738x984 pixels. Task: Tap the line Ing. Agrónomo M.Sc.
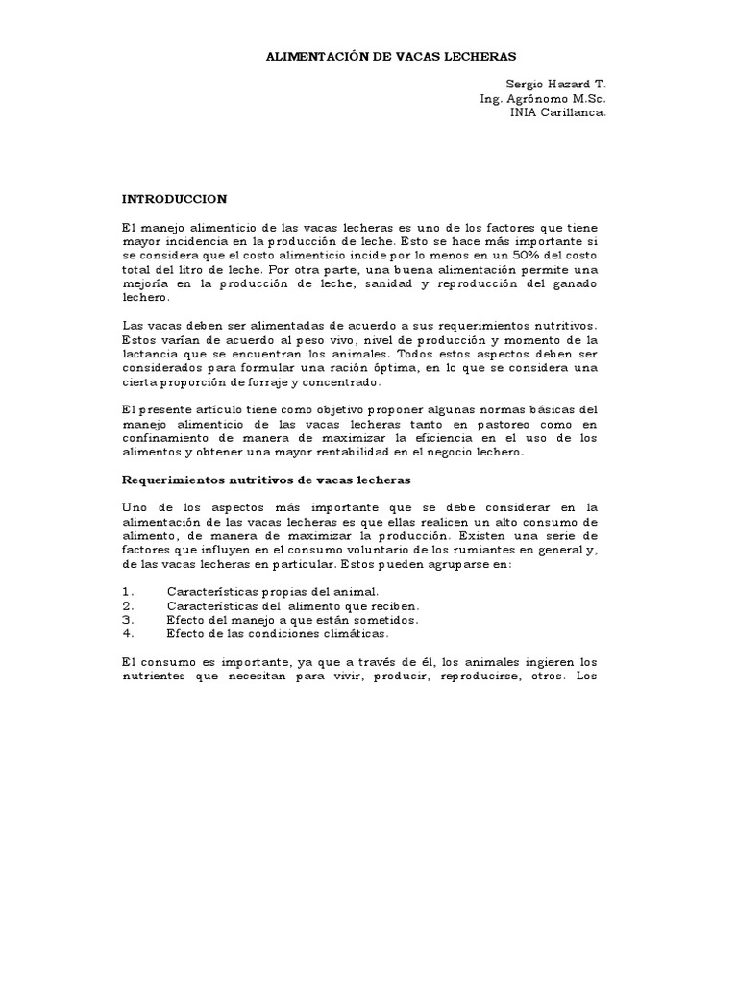pos(543,99)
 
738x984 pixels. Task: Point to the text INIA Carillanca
pos(558,112)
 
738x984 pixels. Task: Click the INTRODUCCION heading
pos(174,199)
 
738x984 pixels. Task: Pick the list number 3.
pos(127,620)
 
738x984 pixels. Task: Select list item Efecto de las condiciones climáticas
pos(278,633)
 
